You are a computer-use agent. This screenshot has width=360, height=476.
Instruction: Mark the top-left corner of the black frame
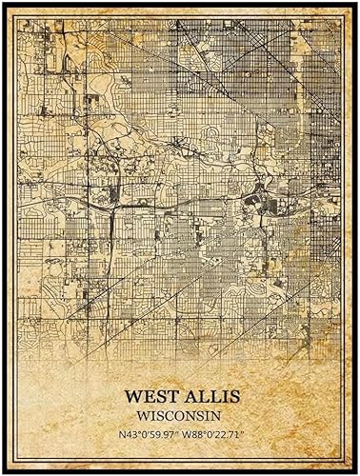point(5,4)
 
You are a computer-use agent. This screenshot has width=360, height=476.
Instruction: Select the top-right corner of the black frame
point(355,4)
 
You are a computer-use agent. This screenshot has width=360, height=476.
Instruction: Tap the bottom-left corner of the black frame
point(5,471)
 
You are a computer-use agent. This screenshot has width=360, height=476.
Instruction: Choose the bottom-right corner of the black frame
point(355,471)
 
